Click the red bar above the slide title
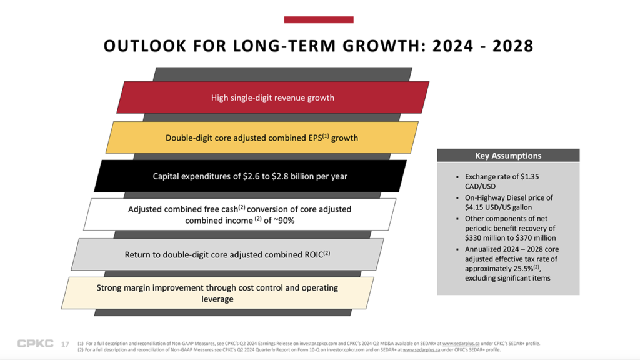pos(319,20)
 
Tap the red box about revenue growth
pos(272,97)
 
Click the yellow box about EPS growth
pos(262,137)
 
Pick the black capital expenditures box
pos(250,176)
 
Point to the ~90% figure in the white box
pos(282,221)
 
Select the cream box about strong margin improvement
pos(217,293)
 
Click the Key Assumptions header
pos(508,156)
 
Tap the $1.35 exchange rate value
pos(527,177)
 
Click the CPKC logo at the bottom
pos(35,344)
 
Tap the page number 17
pos(65,344)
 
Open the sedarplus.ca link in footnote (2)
pos(421,350)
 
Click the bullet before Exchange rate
pos(457,177)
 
